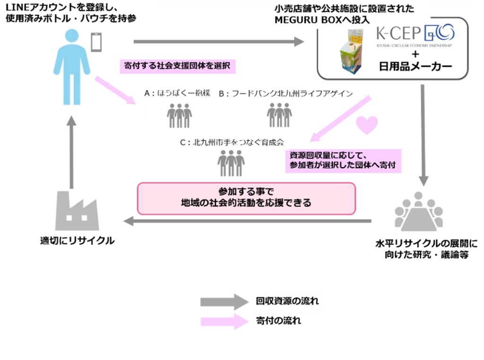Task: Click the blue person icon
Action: [71, 66]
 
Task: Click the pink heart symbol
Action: [367, 125]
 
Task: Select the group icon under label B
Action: [279, 115]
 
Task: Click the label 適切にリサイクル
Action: [78, 241]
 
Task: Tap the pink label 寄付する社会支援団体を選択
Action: [177, 66]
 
